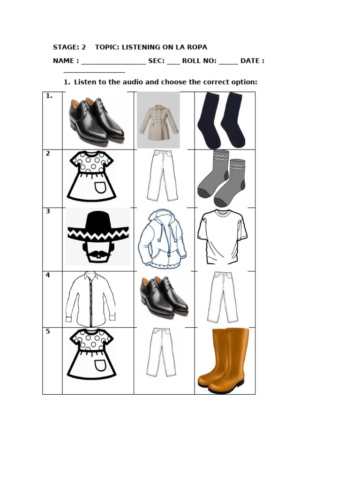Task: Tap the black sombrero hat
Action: pos(98,226)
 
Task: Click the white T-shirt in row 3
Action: pos(222,237)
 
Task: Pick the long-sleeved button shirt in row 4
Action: pos(90,299)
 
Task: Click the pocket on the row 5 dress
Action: pos(100,366)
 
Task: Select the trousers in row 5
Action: pos(161,352)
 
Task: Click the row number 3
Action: pos(48,211)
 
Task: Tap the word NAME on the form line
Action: pos(63,61)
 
